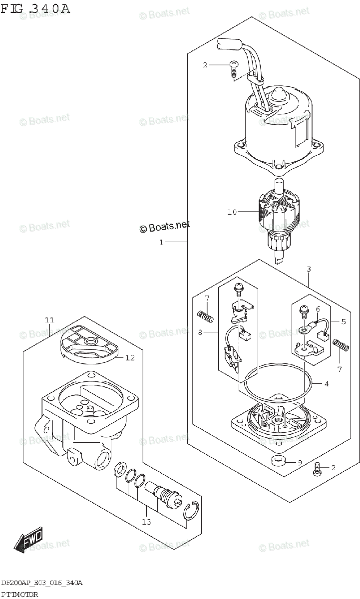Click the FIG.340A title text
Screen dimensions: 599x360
[x=35, y=8]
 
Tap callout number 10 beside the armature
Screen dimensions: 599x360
[x=231, y=212]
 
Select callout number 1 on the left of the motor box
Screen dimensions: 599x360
[x=161, y=242]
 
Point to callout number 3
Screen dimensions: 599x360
[x=309, y=269]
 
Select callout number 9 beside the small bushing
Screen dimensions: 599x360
[x=300, y=462]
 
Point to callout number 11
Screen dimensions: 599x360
[x=49, y=320]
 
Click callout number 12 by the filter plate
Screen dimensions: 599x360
[x=130, y=357]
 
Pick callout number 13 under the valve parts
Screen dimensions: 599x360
[x=146, y=522]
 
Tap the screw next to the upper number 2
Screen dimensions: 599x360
[x=233, y=68]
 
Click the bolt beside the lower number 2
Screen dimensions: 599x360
[x=317, y=470]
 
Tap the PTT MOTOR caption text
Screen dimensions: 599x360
[x=19, y=594]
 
